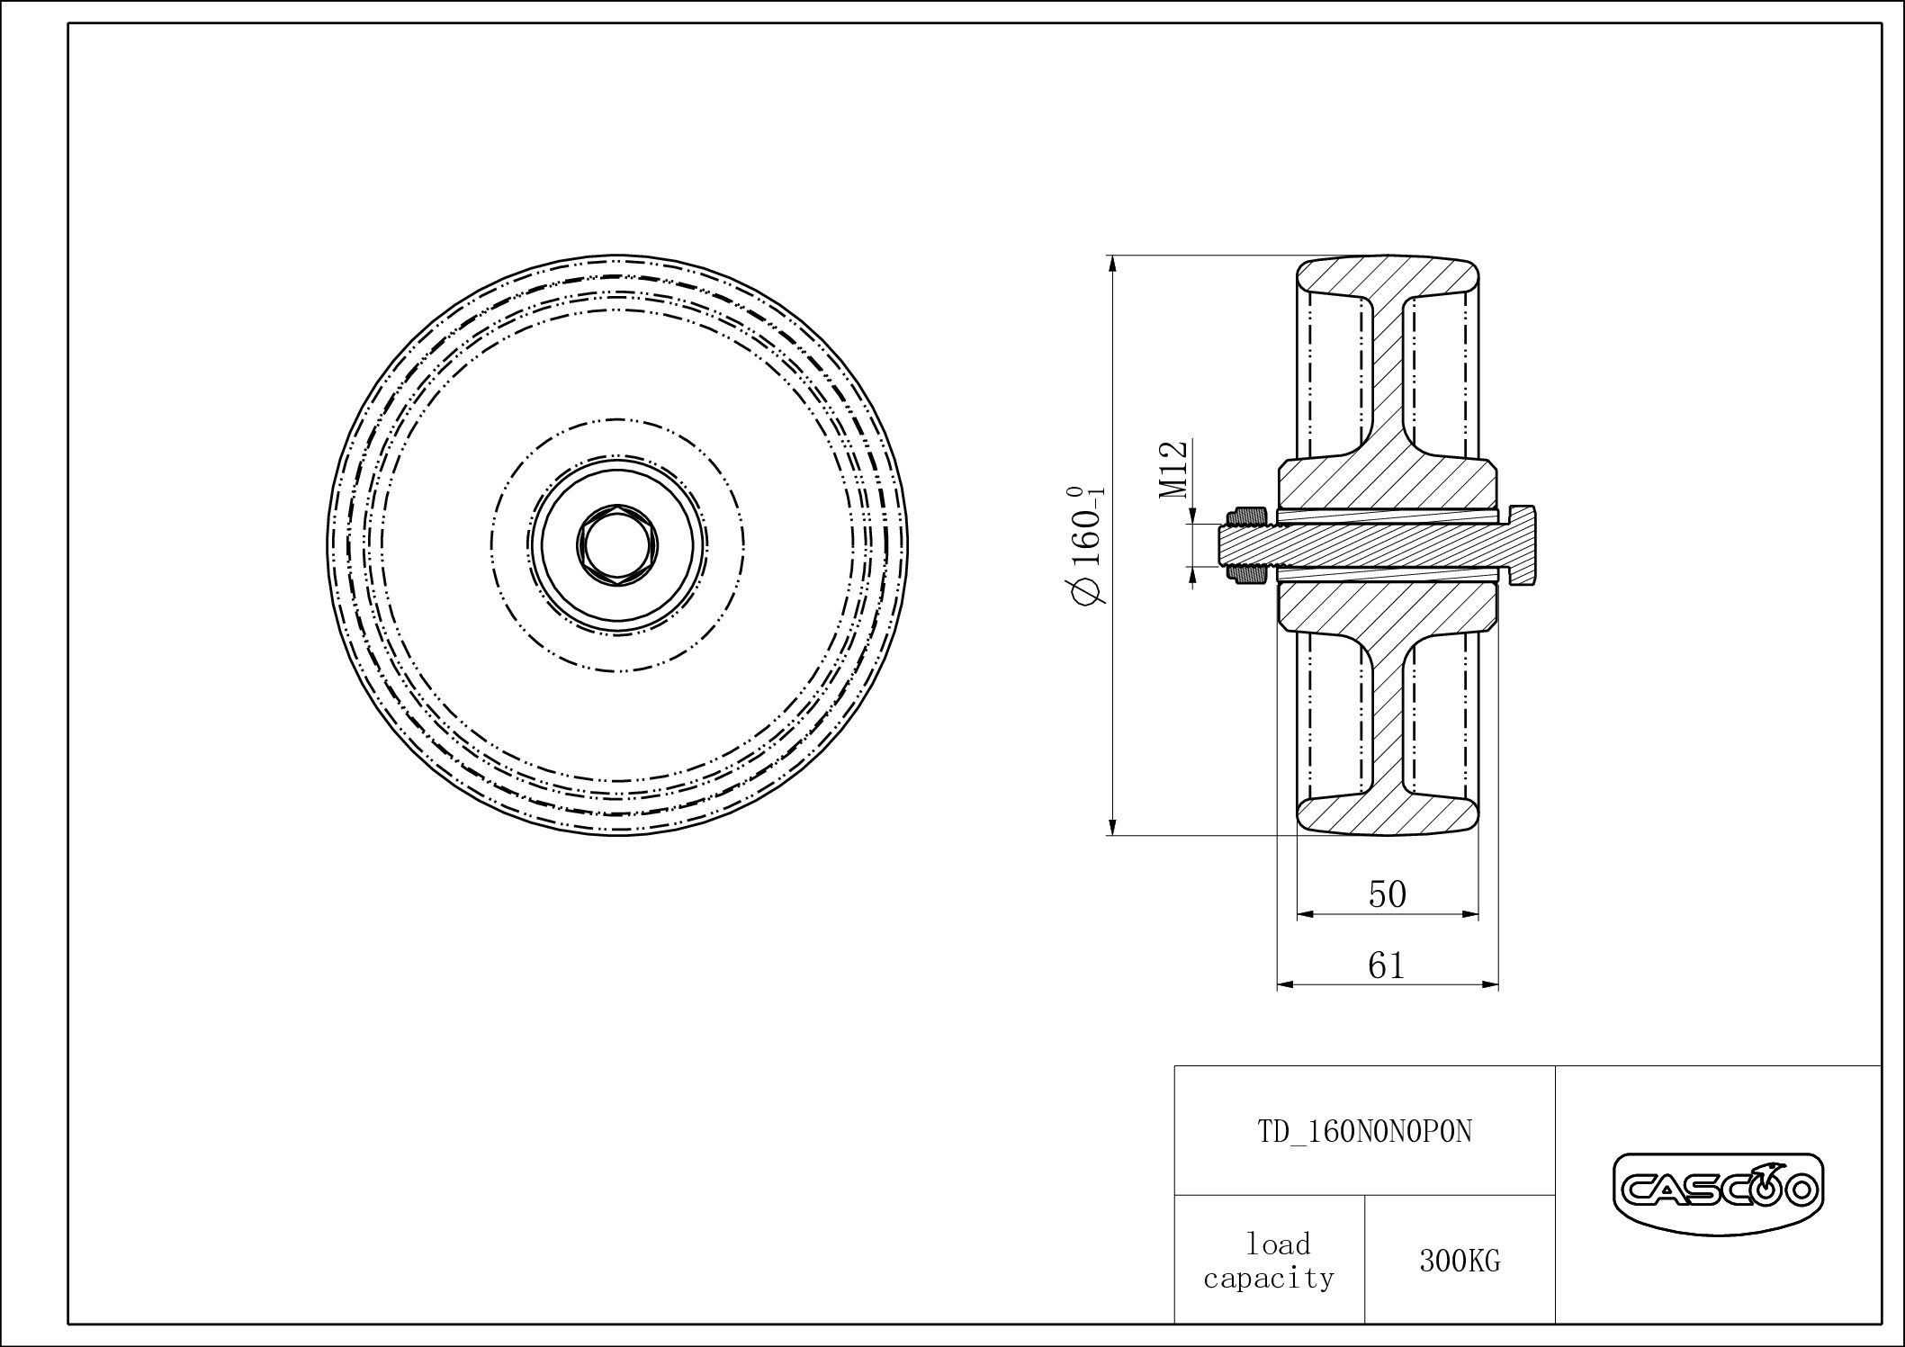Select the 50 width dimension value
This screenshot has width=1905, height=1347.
pyautogui.click(x=1387, y=894)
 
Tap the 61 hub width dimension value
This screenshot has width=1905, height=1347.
pyautogui.click(x=1387, y=965)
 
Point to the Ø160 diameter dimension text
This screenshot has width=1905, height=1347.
pyautogui.click(x=1087, y=544)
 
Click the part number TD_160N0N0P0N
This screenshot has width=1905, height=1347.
pyautogui.click(x=1364, y=1132)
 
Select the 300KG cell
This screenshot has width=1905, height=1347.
pyautogui.click(x=1460, y=1262)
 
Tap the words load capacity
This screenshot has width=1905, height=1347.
pyautogui.click(x=1269, y=1261)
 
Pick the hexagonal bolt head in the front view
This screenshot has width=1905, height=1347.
pyautogui.click(x=617, y=544)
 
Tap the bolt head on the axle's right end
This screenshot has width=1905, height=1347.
pyautogui.click(x=1523, y=546)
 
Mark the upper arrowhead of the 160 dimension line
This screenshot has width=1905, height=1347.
pyautogui.click(x=1114, y=264)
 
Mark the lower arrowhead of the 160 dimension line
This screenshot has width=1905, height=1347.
pyautogui.click(x=1114, y=828)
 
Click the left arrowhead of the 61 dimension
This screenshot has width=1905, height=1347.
pyautogui.click(x=1285, y=984)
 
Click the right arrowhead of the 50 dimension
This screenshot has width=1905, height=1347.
pyautogui.click(x=1471, y=914)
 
